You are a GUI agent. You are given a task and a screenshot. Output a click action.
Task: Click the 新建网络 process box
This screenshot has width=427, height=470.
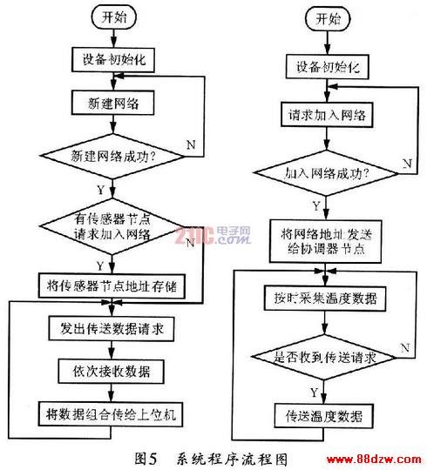(x=112, y=103)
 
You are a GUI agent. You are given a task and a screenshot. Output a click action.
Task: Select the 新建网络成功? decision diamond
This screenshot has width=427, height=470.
(x=112, y=156)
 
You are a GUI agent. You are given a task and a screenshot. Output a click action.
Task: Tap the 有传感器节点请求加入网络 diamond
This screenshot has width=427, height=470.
(x=112, y=226)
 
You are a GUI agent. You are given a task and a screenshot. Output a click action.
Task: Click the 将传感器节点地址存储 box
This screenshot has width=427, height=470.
(x=112, y=285)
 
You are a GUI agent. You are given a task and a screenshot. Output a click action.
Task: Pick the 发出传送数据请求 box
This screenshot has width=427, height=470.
(x=112, y=328)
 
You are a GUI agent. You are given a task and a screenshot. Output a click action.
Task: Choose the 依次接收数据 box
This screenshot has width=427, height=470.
(x=111, y=372)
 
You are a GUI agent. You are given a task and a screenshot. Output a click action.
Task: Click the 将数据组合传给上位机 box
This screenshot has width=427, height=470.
(x=111, y=414)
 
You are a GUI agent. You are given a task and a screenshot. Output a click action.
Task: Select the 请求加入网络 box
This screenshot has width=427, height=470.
(x=327, y=115)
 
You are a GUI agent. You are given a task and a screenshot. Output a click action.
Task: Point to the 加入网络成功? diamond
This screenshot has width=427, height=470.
(x=327, y=173)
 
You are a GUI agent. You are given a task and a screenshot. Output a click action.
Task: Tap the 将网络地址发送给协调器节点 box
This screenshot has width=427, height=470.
(x=326, y=241)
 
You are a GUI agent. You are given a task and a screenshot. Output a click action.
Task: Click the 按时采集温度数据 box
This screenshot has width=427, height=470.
(x=325, y=299)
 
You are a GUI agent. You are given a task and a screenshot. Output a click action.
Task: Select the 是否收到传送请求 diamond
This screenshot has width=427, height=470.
(x=324, y=357)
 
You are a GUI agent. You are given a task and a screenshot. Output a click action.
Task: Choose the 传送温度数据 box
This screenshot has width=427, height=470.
(x=324, y=416)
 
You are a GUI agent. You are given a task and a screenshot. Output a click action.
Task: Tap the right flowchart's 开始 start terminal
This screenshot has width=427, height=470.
(x=328, y=19)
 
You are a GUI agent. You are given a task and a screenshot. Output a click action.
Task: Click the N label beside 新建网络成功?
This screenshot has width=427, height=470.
(x=191, y=145)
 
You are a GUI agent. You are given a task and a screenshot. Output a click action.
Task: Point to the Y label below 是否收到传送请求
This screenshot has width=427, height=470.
(x=314, y=393)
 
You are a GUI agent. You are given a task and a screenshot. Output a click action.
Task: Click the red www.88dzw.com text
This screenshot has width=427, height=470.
(x=374, y=459)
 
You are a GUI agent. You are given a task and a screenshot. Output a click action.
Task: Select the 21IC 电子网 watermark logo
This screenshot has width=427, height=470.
(x=213, y=235)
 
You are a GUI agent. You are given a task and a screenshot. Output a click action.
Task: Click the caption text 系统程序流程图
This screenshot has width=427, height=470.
(x=232, y=460)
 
